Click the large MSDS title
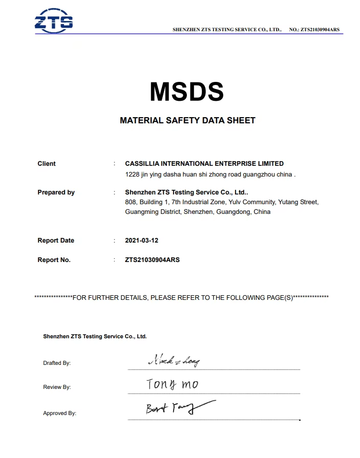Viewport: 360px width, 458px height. pyautogui.click(x=187, y=92)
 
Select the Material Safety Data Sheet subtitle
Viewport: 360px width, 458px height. pyautogui.click(x=187, y=121)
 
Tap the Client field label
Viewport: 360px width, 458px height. pyautogui.click(x=47, y=164)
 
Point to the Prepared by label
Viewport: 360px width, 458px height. pyautogui.click(x=56, y=192)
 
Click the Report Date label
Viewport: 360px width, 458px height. pyautogui.click(x=56, y=241)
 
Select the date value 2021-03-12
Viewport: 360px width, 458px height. pyautogui.click(x=141, y=241)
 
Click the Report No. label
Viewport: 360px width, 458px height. pyautogui.click(x=54, y=260)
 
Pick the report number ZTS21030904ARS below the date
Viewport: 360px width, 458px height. pyautogui.click(x=152, y=260)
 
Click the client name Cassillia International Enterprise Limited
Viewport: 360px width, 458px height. pyautogui.click(x=204, y=164)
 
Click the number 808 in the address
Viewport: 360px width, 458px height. pyautogui.click(x=130, y=202)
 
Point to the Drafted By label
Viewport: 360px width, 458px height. pyautogui.click(x=57, y=363)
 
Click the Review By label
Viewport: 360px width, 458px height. pyautogui.click(x=57, y=387)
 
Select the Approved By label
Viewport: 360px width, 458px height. pyautogui.click(x=59, y=413)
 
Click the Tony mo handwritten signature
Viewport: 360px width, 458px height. pyautogui.click(x=172, y=384)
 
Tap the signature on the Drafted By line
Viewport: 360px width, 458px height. pyautogui.click(x=174, y=361)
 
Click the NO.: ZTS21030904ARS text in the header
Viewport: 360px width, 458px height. pyautogui.click(x=314, y=30)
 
